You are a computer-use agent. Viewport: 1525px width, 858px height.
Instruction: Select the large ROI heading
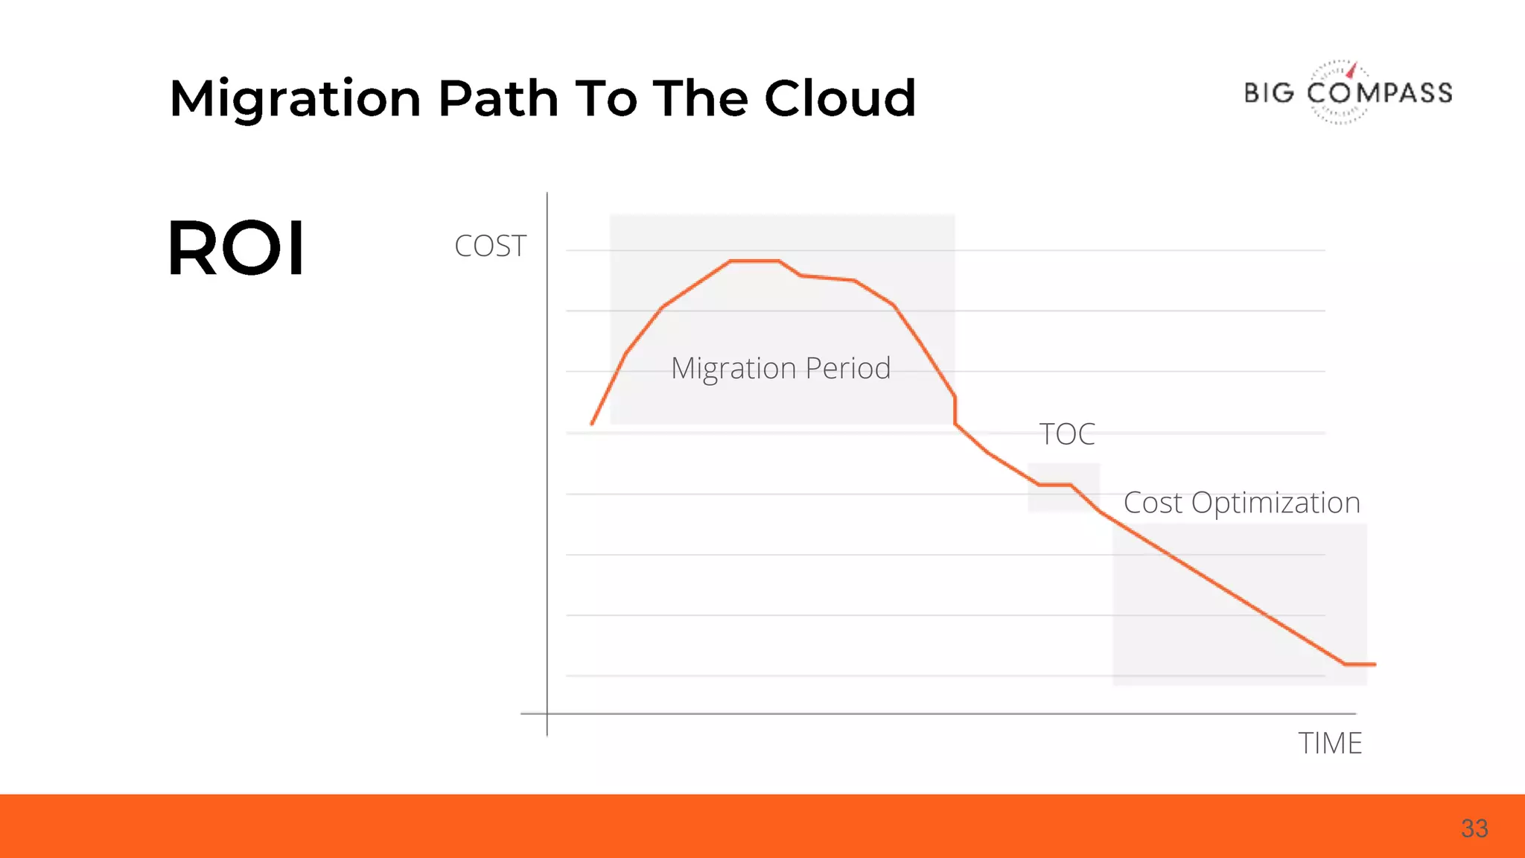236,248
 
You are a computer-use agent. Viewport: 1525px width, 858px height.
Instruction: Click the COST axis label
490,246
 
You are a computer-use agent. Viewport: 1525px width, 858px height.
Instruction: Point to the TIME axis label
1330,743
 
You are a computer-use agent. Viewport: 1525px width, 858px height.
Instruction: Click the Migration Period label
780,368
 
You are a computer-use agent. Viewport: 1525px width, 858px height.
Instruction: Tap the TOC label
1066,433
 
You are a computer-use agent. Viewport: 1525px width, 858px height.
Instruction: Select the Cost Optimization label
1241,503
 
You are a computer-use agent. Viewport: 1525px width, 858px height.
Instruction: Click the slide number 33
1474,828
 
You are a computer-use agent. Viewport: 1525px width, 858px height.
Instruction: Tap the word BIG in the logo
1270,93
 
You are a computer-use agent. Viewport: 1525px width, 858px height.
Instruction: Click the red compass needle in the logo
1352,70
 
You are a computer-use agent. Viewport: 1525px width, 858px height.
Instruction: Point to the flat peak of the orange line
754,261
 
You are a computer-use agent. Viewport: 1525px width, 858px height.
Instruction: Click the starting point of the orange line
593,422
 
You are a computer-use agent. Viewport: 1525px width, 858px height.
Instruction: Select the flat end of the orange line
1360,664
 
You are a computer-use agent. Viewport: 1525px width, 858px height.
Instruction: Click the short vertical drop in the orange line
955,410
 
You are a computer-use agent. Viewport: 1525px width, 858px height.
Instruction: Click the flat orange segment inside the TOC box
1054,485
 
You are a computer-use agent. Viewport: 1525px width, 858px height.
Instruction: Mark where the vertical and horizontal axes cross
547,714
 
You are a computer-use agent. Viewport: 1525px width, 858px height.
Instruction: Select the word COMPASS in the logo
1380,93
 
